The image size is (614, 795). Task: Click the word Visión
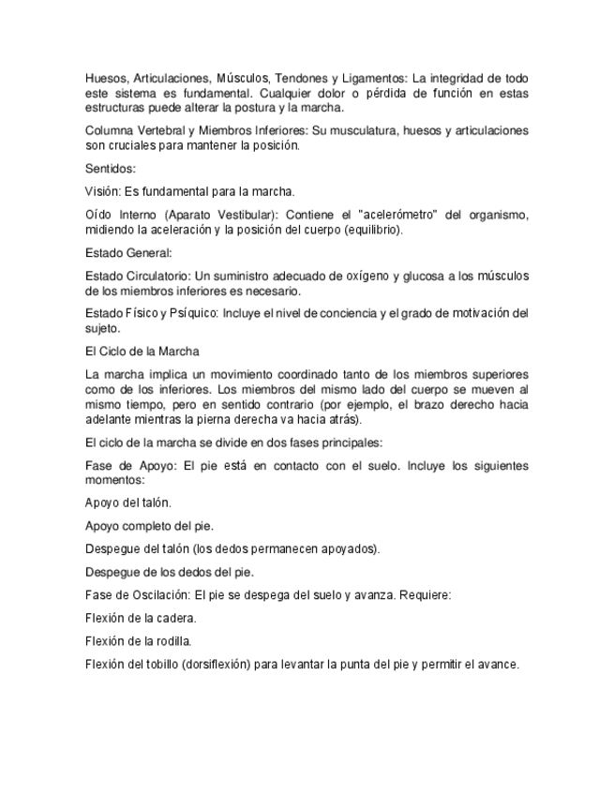pos(103,190)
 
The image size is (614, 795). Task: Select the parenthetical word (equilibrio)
pos(372,230)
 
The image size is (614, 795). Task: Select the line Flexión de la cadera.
pos(141,618)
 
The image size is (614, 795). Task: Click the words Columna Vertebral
pos(136,130)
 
